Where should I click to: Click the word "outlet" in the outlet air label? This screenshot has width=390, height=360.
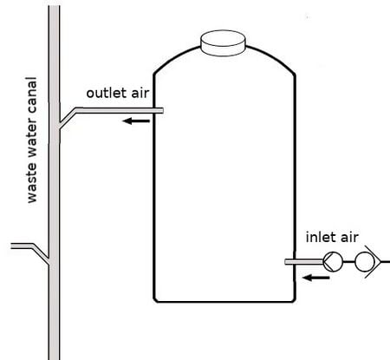pos(106,93)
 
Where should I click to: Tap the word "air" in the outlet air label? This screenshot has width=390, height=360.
pos(140,93)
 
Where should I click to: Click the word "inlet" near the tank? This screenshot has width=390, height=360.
pos(319,237)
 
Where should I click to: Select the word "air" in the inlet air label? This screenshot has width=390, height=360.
pos(349,238)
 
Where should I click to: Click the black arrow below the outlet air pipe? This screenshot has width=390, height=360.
pos(136,121)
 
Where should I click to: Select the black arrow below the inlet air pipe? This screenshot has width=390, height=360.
pos(315,278)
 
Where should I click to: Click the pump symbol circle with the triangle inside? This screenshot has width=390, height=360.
pos(333,262)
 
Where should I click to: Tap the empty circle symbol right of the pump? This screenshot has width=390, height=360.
pos(364,262)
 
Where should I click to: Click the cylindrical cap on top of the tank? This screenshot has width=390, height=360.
pos(223,43)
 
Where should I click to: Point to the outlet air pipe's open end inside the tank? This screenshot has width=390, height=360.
pos(162,110)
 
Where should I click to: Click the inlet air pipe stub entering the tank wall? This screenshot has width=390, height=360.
pos(304,262)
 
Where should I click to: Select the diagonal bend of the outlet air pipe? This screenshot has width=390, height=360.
pos(68,118)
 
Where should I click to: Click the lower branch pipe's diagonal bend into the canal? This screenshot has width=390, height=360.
pos(41,254)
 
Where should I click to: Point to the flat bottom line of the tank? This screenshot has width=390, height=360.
pos(224,302)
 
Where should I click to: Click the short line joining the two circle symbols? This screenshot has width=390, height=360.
pos(348,262)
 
